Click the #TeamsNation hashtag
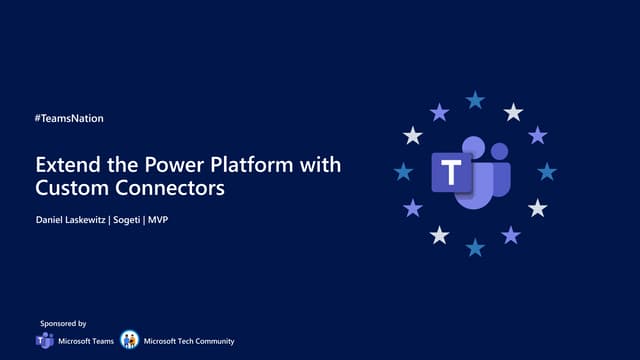coord(69,118)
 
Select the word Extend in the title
coord(63,164)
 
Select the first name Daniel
coord(50,218)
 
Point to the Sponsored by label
coord(63,324)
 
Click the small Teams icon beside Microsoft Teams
coord(45,341)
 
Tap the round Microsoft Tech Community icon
coord(129,341)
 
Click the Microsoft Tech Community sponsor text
coord(189,342)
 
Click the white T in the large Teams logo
coord(451,173)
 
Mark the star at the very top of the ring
coord(475,99)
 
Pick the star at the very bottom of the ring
coord(475,246)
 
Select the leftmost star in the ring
coord(403,172)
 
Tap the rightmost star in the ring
coord(547,172)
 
